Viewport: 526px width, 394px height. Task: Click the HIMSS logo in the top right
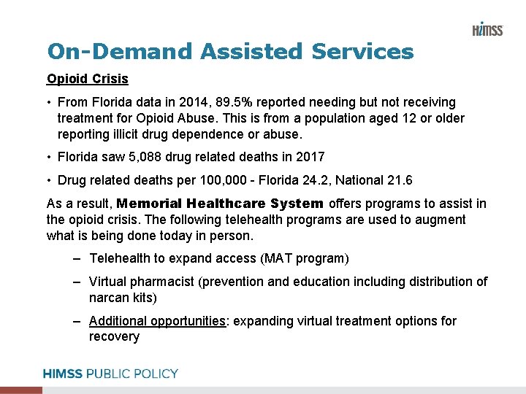[x=487, y=29]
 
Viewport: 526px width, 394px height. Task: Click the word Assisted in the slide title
[x=251, y=52]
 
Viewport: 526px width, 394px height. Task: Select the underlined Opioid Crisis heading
[x=87, y=79]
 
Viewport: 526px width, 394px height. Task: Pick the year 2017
[x=310, y=157]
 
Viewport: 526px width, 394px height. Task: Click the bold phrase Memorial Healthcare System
[x=219, y=204]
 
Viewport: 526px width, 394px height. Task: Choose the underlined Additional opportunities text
[x=157, y=321]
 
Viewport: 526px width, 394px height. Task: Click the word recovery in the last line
[x=114, y=336]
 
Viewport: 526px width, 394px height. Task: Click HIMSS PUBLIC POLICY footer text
[x=110, y=374]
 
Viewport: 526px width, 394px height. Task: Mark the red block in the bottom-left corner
[x=21, y=390]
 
